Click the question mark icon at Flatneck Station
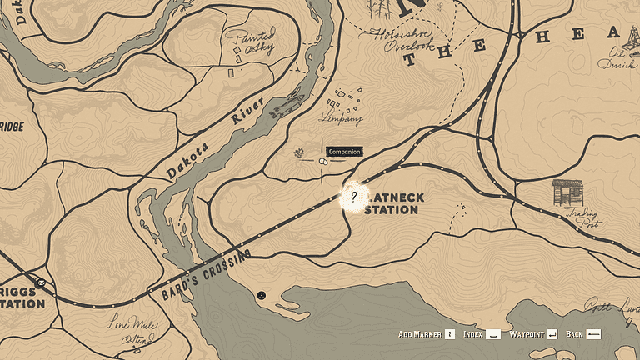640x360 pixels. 353,197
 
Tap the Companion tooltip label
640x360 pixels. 343,152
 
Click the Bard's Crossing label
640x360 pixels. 199,273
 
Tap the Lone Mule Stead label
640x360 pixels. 132,332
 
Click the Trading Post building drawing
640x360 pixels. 567,192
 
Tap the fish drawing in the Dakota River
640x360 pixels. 287,106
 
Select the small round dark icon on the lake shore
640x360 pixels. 262,295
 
